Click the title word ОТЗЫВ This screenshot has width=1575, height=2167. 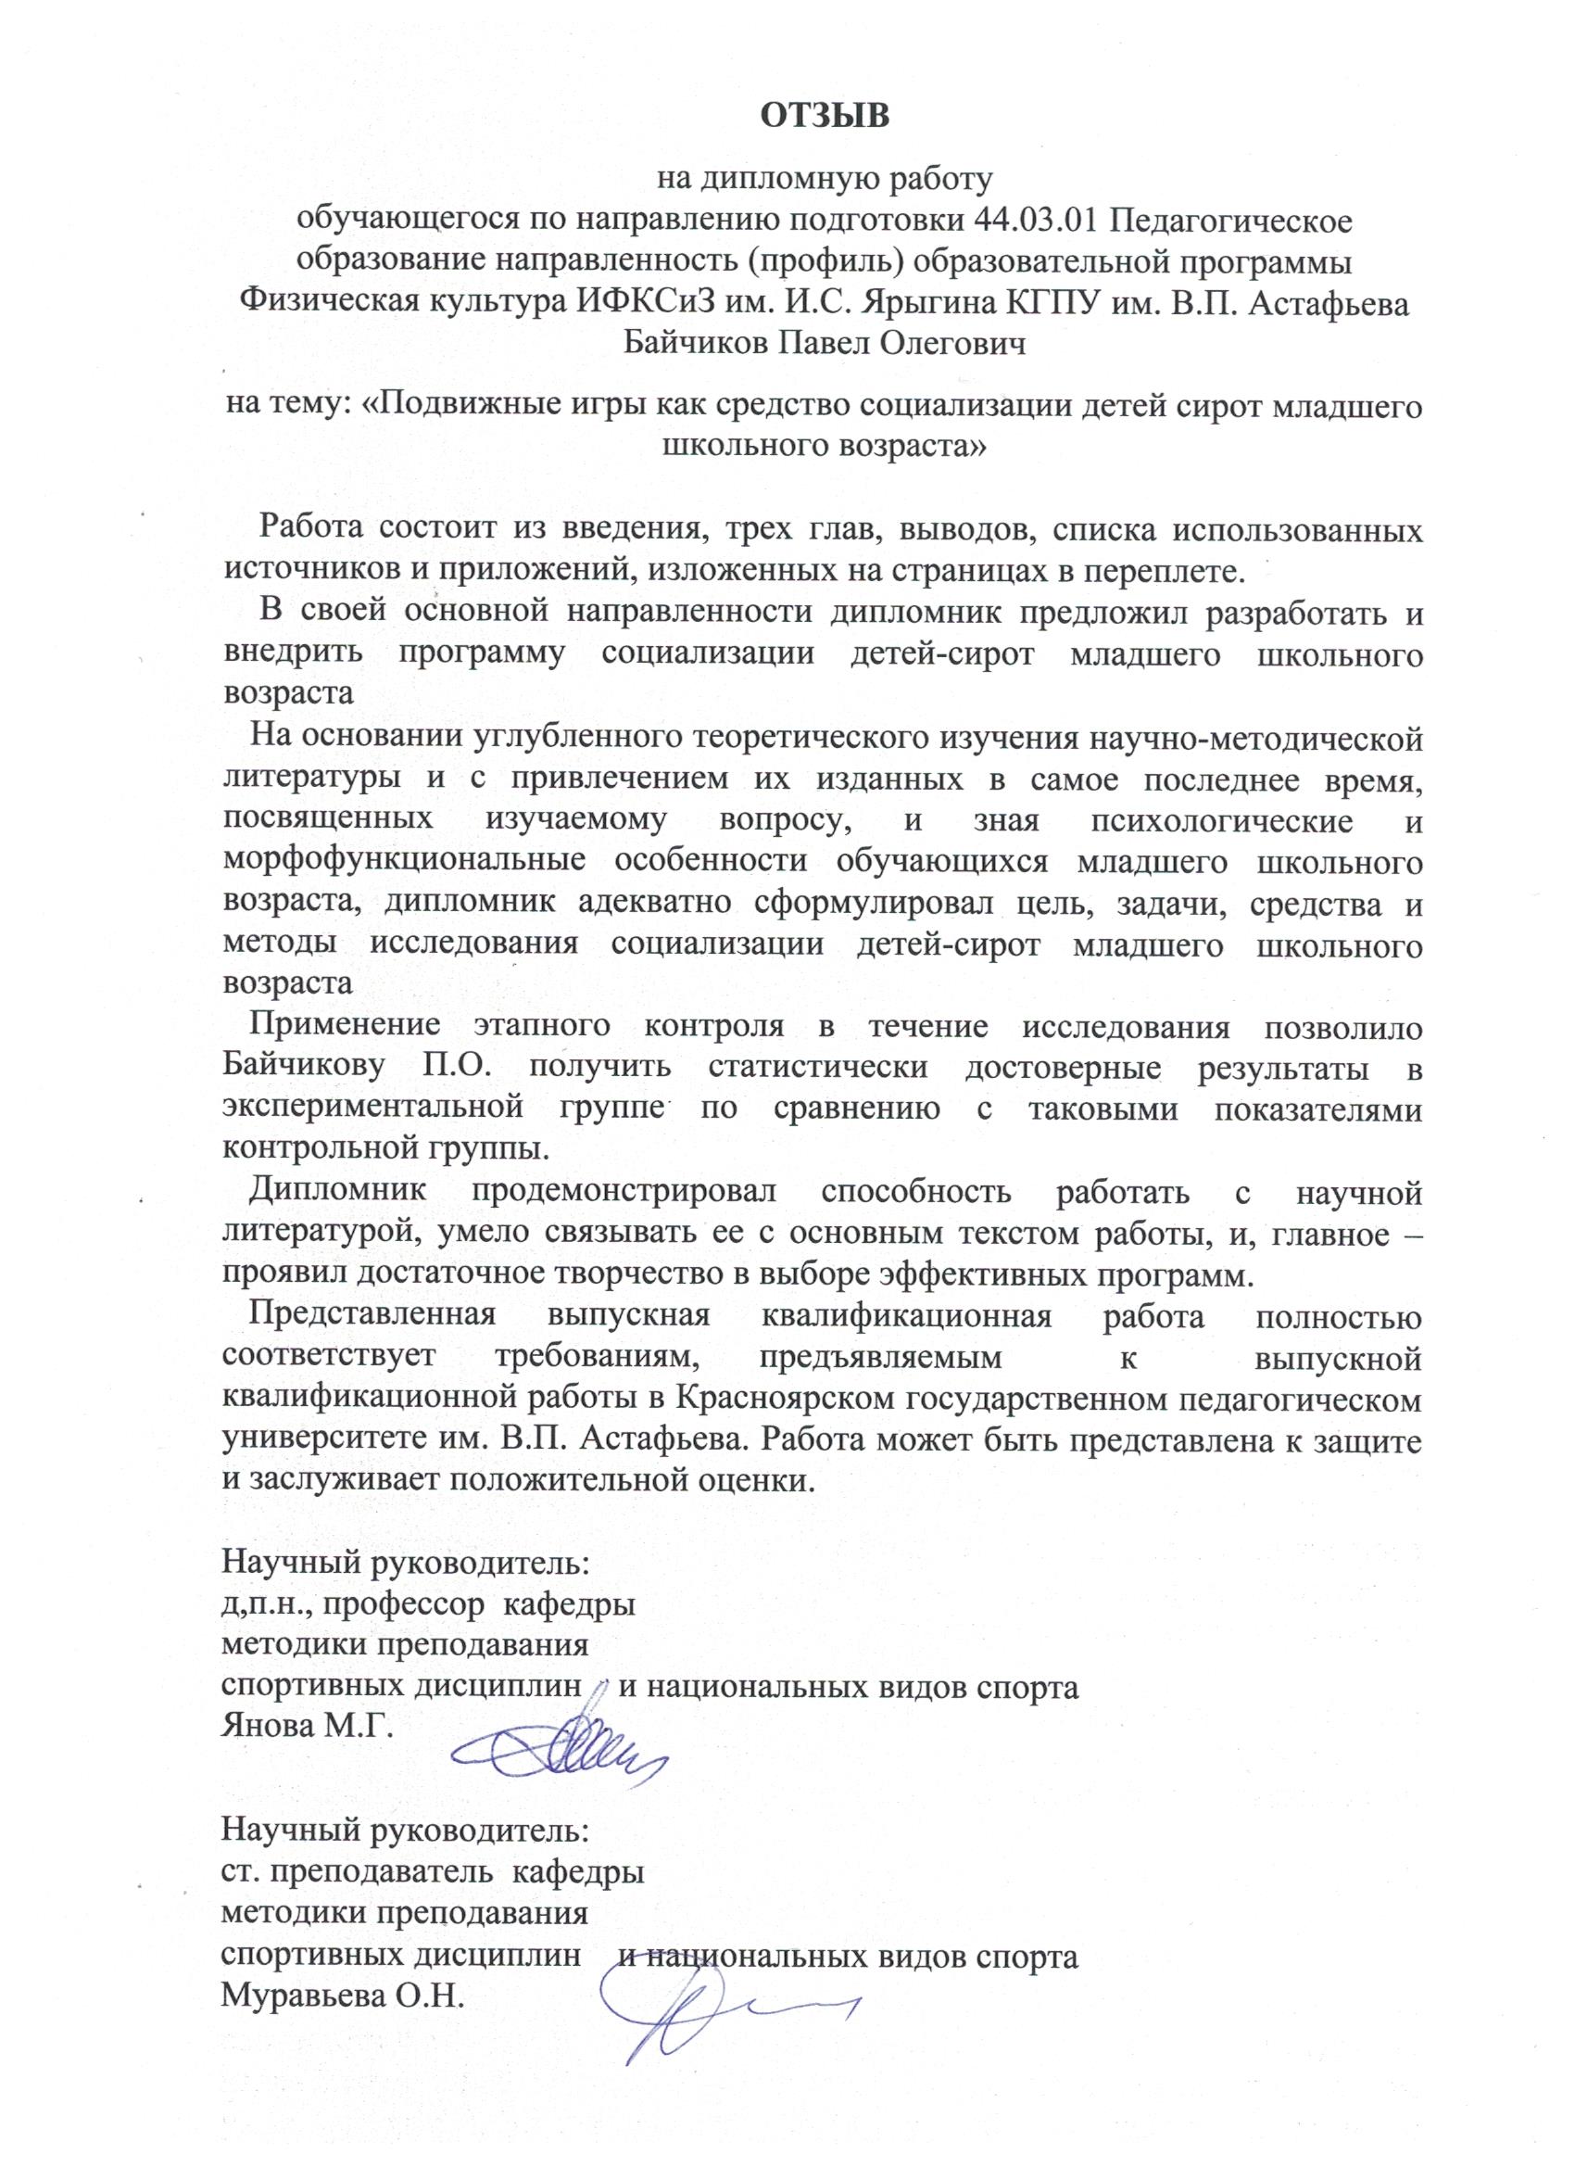pos(825,116)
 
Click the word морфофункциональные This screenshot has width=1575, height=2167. pos(404,861)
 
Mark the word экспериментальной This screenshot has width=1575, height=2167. pos(372,1109)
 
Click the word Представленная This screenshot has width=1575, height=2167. pos(372,1316)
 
